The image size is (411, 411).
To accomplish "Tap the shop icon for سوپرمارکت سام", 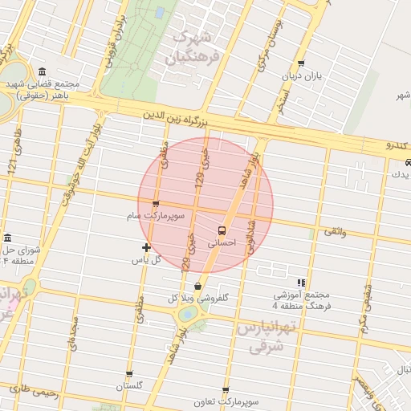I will pyautogui.click(x=155, y=204).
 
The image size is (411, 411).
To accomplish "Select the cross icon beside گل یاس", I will pyautogui.click(x=145, y=247).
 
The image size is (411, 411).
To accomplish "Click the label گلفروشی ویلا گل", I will pyautogui.click(x=199, y=298).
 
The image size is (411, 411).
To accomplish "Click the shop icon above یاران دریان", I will pyautogui.click(x=301, y=63).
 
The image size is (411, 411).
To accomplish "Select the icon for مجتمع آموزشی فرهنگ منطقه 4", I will pyautogui.click(x=301, y=283).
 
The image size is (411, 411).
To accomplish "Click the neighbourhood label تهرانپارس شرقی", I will pyautogui.click(x=268, y=336).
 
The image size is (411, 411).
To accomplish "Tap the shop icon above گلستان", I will pyautogui.click(x=129, y=374).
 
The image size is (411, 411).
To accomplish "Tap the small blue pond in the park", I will pyautogui.click(x=161, y=13).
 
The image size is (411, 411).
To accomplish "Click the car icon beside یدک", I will pyautogui.click(x=408, y=162).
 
